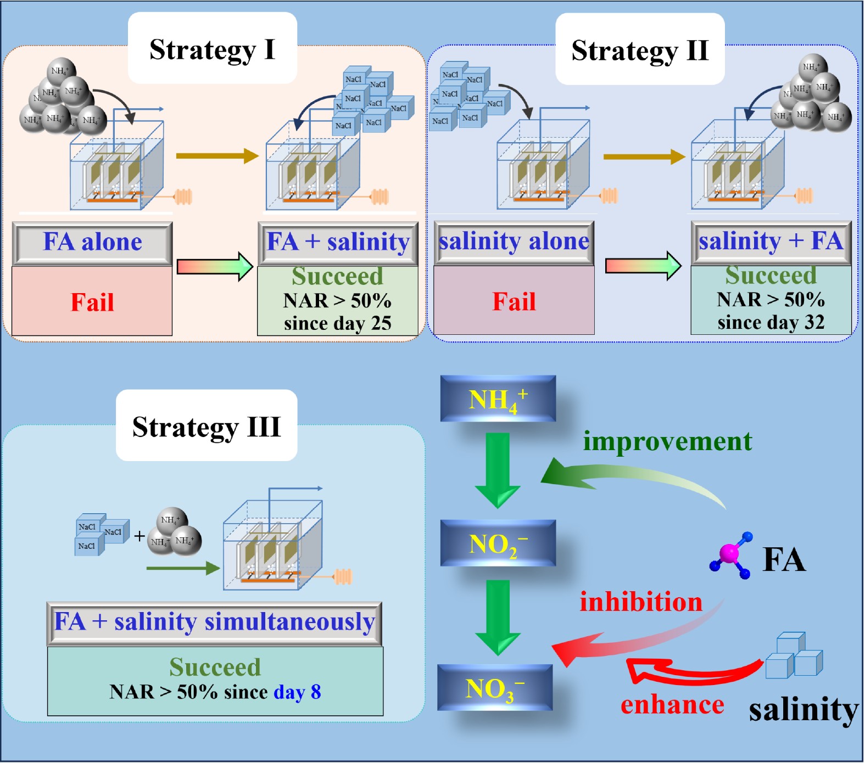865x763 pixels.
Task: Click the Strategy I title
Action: [x=212, y=49]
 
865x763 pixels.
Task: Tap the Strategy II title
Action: [x=640, y=51]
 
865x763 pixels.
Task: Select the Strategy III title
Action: [x=207, y=427]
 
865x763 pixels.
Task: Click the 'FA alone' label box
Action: [x=92, y=242]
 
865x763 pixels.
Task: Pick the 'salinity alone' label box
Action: [x=514, y=242]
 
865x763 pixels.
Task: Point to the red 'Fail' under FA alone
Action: [x=92, y=302]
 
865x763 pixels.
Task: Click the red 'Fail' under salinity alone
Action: [x=514, y=301]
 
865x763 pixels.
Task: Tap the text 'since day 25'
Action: [x=337, y=323]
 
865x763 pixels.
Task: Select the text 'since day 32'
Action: [x=771, y=322]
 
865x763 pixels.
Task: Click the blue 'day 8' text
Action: [x=297, y=692]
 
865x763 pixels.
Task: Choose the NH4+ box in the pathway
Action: [x=498, y=399]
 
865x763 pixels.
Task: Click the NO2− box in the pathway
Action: [x=498, y=543]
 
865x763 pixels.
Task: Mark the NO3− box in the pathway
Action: [x=494, y=688]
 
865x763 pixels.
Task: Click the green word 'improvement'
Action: [x=667, y=441]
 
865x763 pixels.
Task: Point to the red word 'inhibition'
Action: [x=641, y=602]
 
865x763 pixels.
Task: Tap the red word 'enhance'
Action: [x=672, y=705]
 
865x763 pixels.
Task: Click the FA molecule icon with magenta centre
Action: [x=730, y=553]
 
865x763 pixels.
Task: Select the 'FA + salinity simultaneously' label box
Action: [x=214, y=622]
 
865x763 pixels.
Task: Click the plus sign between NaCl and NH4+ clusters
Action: [x=139, y=536]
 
